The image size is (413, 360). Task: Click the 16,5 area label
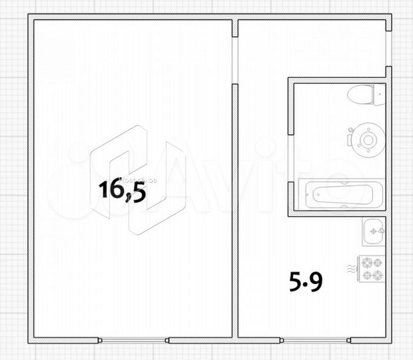(x=122, y=191)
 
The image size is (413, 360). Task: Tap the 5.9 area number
(x=306, y=284)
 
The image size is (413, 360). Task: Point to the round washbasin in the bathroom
(x=366, y=139)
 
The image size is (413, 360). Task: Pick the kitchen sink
(x=374, y=233)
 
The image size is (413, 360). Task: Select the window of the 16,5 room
(x=134, y=340)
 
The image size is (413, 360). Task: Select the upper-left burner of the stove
(x=367, y=263)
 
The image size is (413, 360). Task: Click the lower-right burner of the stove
(x=378, y=274)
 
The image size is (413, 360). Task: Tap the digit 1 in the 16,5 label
(x=103, y=191)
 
